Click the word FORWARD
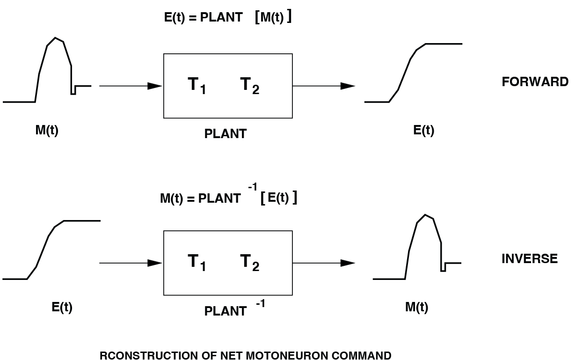coord(535,82)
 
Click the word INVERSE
coord(529,259)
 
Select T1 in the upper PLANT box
coord(197,85)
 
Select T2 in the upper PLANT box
coord(249,85)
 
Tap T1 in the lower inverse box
coord(197,262)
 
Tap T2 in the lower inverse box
coord(249,262)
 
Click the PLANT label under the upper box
coord(225,134)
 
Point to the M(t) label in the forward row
coord(47,131)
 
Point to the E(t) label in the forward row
coord(423,131)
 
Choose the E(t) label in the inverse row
coord(62,308)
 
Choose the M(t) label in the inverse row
coord(416,308)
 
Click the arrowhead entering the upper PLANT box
coord(155,86)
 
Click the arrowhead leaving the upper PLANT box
coord(348,86)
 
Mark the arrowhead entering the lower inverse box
coord(155,263)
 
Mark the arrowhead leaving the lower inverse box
coord(348,263)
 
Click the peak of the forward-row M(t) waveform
coord(56,37)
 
